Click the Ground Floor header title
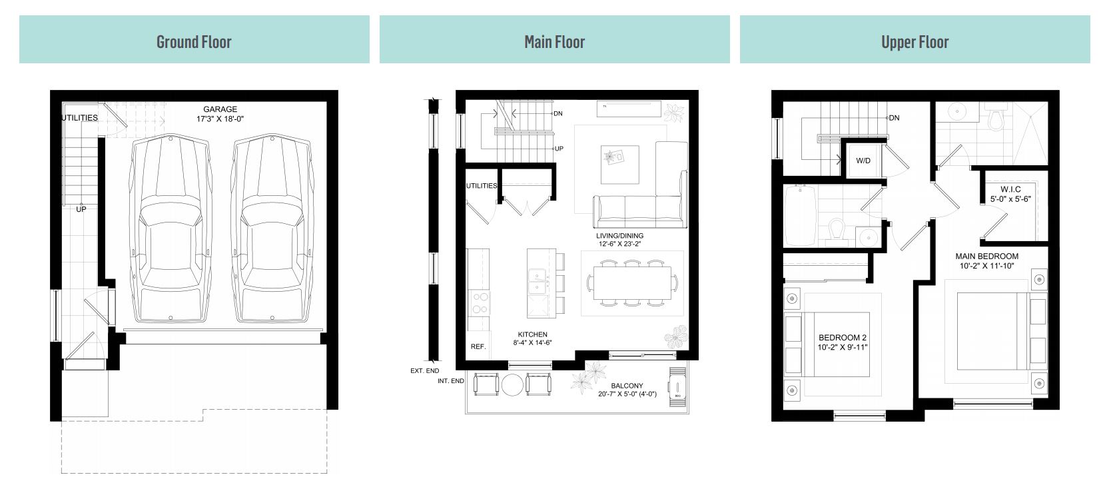click(194, 41)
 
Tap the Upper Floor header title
click(915, 41)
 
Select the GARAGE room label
click(220, 109)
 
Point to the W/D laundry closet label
click(863, 161)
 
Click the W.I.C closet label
click(1010, 189)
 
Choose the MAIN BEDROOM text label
click(986, 256)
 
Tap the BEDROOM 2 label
click(843, 338)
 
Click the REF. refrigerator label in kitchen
click(478, 346)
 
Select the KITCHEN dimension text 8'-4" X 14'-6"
click(532, 343)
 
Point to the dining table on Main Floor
click(631, 282)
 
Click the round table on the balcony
click(513, 385)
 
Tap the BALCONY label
click(627, 386)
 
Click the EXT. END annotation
click(424, 370)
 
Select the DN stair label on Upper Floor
click(894, 118)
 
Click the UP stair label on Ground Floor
click(81, 209)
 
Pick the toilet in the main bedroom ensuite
click(996, 119)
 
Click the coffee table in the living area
click(619, 164)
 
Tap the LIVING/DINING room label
click(619, 236)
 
